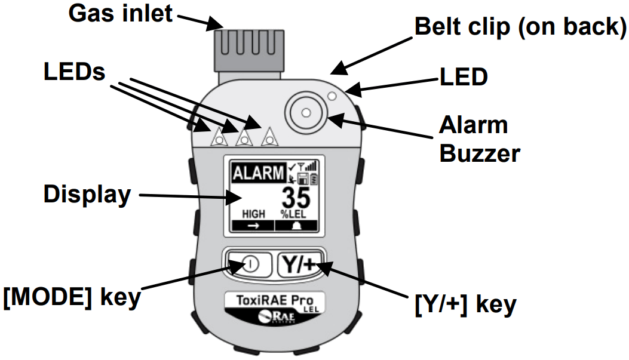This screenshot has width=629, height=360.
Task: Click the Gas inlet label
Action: (x=121, y=13)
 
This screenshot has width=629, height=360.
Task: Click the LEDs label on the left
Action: (x=75, y=72)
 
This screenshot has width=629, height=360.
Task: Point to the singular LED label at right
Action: (x=464, y=76)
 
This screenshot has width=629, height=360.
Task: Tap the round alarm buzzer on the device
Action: (x=306, y=112)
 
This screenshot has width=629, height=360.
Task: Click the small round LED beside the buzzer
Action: (x=333, y=96)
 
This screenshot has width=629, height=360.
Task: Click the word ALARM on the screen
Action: (x=258, y=174)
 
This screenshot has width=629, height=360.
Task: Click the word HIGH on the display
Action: (x=253, y=213)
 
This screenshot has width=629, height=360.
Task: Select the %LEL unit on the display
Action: (x=294, y=214)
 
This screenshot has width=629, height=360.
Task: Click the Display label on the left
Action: (x=87, y=194)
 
